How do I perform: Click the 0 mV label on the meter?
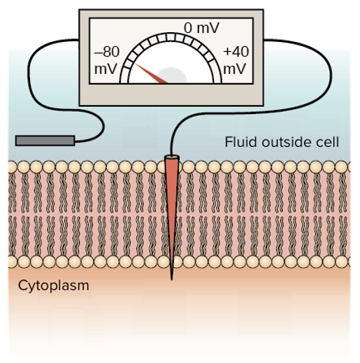(201, 28)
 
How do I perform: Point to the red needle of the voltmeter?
(151, 73)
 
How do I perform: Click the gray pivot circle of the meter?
(171, 77)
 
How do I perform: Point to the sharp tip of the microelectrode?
(171, 277)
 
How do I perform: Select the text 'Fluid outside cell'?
(282, 143)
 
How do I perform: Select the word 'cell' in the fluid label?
(329, 143)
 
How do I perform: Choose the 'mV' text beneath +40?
(235, 70)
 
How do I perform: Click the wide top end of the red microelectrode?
(171, 161)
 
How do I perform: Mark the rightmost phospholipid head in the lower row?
(345, 262)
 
